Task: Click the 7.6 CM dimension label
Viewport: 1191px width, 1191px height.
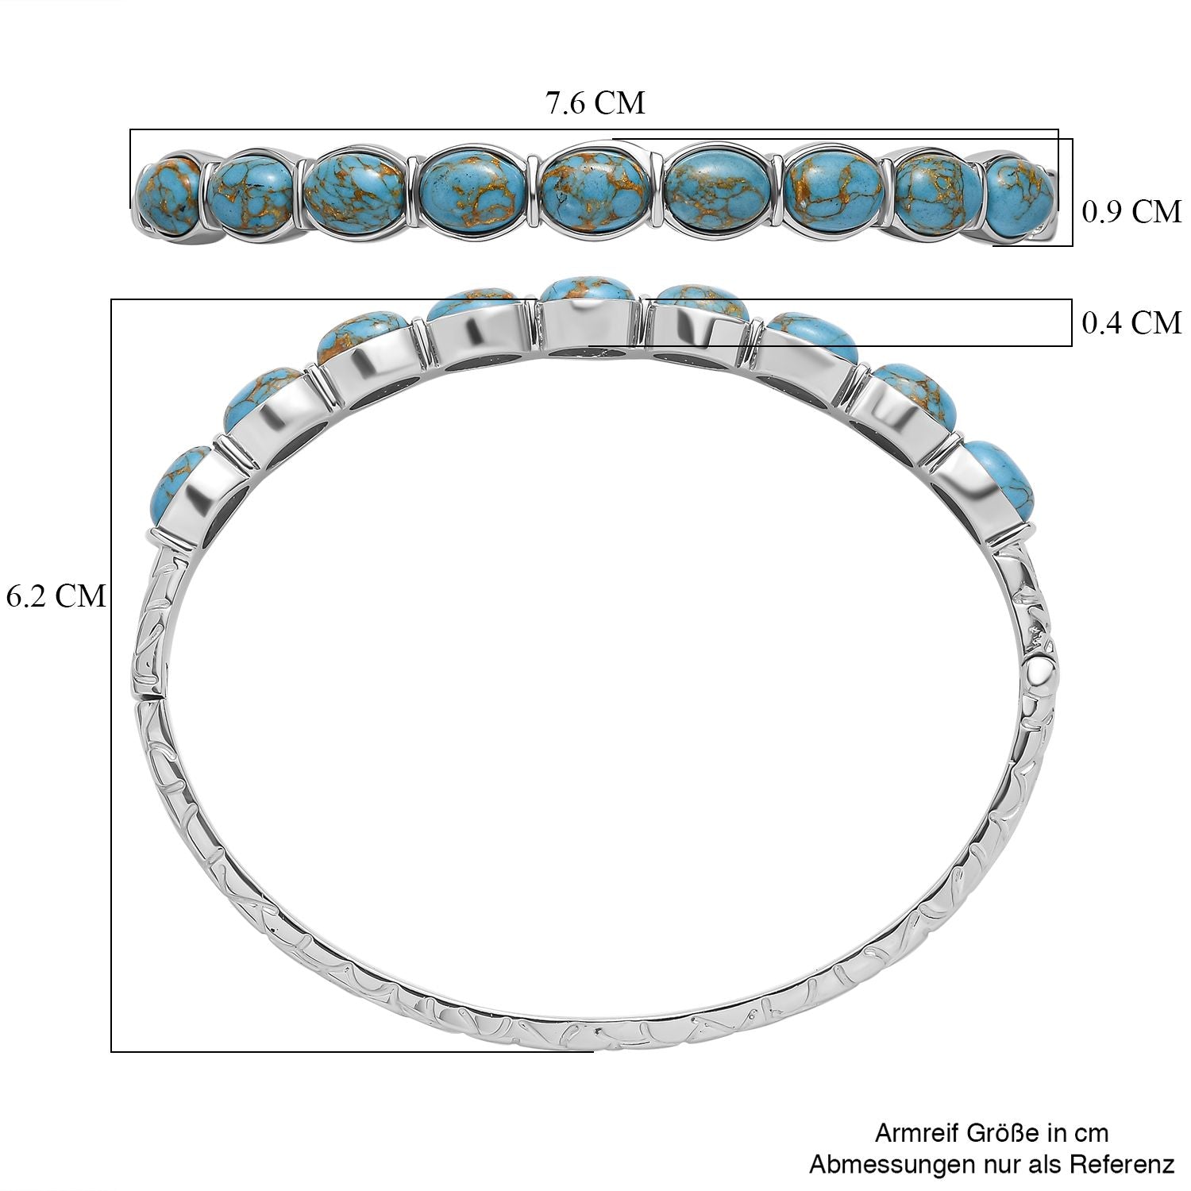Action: pyautogui.click(x=595, y=103)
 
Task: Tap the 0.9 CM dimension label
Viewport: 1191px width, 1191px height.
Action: pyautogui.click(x=1131, y=212)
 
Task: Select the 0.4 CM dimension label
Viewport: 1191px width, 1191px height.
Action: pyautogui.click(x=1131, y=323)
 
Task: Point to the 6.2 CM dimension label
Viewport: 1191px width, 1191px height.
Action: pyautogui.click(x=56, y=595)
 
